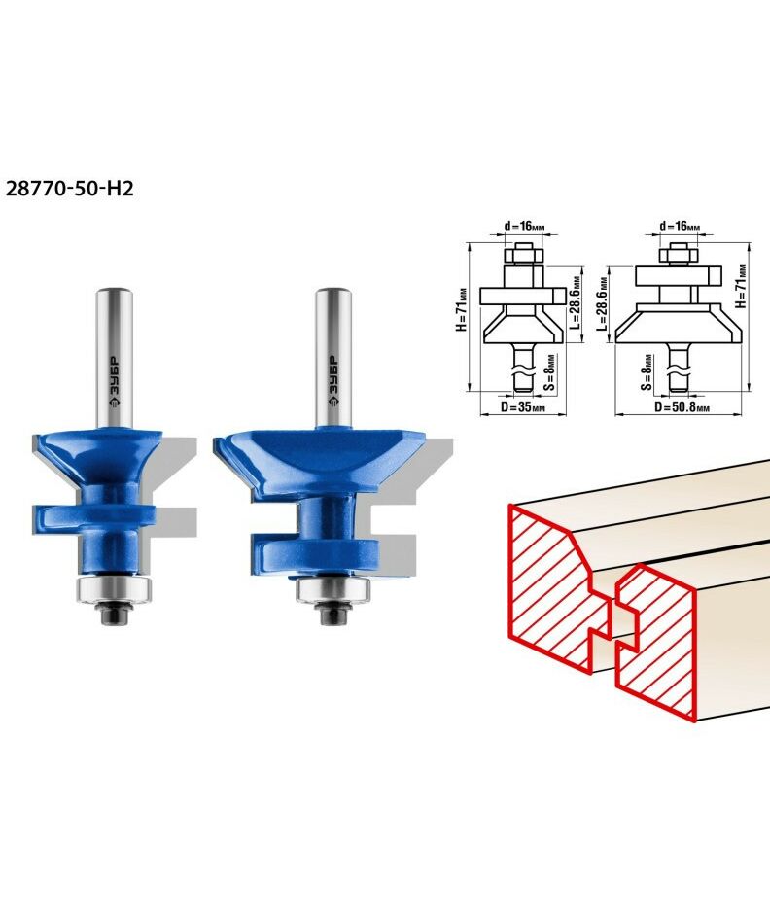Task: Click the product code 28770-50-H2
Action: coord(69,188)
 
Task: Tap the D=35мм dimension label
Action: coord(523,406)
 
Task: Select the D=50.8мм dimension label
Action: coord(682,406)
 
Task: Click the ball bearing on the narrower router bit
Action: coord(115,588)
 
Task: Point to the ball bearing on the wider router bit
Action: coord(332,589)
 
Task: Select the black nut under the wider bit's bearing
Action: coord(332,614)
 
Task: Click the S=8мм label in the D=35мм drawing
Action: coord(549,371)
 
